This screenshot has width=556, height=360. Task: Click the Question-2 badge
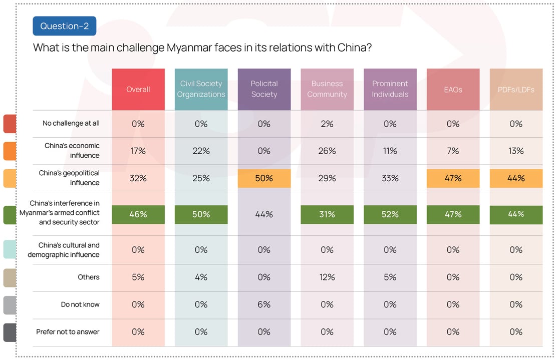(64, 26)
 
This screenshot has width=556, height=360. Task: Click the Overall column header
(138, 89)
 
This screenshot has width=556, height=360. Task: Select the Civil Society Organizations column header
(201, 89)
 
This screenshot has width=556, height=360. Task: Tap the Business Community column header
(327, 89)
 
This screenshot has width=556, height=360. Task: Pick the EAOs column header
(453, 89)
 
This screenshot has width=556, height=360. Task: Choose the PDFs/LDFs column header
(516, 89)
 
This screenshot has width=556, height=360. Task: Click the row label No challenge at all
(71, 123)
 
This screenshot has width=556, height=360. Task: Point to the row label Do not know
(80, 304)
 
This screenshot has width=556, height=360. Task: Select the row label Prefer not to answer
(68, 331)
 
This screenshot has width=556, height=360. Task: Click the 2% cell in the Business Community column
(327, 124)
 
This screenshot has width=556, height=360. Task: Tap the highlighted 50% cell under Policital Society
(264, 178)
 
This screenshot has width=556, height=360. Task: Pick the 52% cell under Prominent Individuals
(390, 214)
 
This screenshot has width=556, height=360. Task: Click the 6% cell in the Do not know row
(264, 304)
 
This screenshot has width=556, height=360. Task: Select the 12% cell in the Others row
(327, 277)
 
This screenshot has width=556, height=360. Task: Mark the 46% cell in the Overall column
(138, 214)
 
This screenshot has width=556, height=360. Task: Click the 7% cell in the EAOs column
(453, 151)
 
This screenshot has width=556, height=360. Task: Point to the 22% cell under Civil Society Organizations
(201, 151)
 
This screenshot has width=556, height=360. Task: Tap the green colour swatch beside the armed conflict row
(10, 215)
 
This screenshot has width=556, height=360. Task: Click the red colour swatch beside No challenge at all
(10, 124)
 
